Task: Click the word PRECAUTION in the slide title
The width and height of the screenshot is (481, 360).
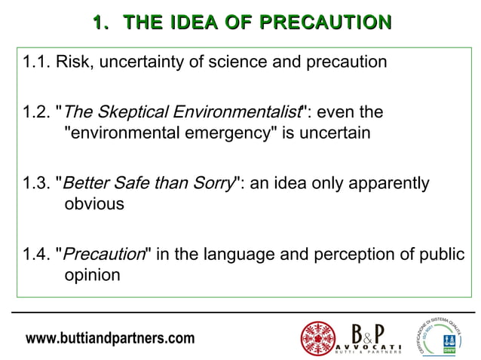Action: [x=328, y=23]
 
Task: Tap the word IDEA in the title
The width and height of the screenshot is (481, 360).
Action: [x=196, y=23]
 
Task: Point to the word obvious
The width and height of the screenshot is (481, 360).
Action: [x=94, y=204]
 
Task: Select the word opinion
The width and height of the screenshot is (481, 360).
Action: [x=92, y=275]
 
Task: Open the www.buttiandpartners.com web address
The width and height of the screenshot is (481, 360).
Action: [x=110, y=338]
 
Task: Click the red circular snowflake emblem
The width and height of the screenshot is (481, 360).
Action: [x=318, y=338]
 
